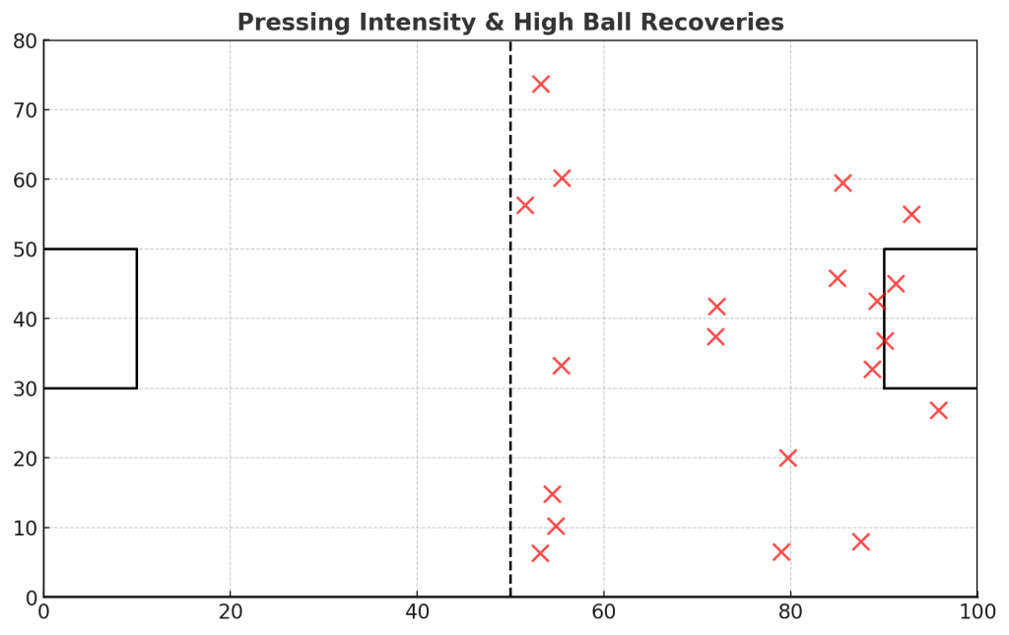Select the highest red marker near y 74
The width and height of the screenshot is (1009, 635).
point(540,84)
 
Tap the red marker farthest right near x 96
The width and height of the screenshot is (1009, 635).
point(938,410)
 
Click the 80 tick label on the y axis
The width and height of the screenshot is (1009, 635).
point(24,41)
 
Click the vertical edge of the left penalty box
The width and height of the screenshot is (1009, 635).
point(136,318)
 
